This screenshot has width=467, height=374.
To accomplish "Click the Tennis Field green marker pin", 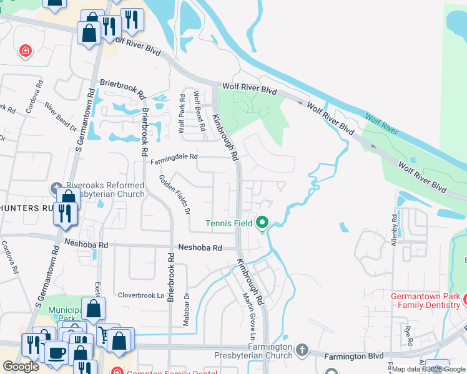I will (x=262, y=222).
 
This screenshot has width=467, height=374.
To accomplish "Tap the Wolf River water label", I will (x=381, y=124).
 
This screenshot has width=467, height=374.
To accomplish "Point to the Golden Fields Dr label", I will (x=174, y=194).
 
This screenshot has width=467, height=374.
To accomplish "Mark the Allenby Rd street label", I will (x=394, y=230).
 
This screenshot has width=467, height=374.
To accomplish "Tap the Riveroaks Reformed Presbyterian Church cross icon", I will (x=56, y=186).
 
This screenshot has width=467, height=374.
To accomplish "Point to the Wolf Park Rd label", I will (x=182, y=113).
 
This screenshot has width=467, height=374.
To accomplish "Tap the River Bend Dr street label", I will (x=60, y=116).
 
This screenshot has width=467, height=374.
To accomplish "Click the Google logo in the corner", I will (x=21, y=367).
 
